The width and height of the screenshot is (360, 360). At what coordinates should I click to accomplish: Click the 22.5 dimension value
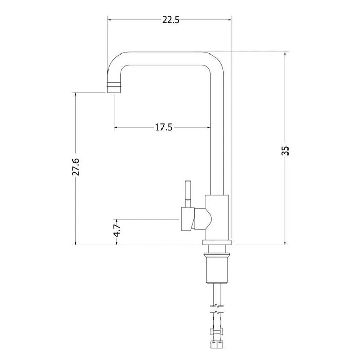[x=169, y=21]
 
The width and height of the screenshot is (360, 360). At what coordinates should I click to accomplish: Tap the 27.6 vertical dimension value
[x=76, y=168]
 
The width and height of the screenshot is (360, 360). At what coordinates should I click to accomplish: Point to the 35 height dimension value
[x=286, y=150]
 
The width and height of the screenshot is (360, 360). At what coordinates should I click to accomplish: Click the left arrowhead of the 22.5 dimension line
[x=109, y=21]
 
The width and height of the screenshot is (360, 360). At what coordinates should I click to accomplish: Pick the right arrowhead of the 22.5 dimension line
[x=230, y=21]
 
